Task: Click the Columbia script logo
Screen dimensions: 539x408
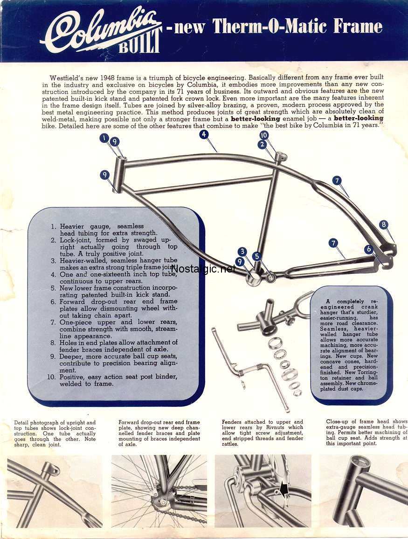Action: pyautogui.click(x=100, y=29)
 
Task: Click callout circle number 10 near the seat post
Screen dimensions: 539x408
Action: pyautogui.click(x=263, y=135)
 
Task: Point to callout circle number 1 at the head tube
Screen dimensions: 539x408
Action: pyautogui.click(x=104, y=138)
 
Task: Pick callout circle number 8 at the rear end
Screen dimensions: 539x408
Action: pyautogui.click(x=384, y=224)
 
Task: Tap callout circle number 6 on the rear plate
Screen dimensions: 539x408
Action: pyautogui.click(x=369, y=249)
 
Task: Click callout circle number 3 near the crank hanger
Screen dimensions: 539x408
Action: pyautogui.click(x=242, y=252)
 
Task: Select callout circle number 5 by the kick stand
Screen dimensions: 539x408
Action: pyautogui.click(x=256, y=256)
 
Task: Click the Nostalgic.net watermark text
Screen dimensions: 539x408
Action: pyautogui.click(x=204, y=269)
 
